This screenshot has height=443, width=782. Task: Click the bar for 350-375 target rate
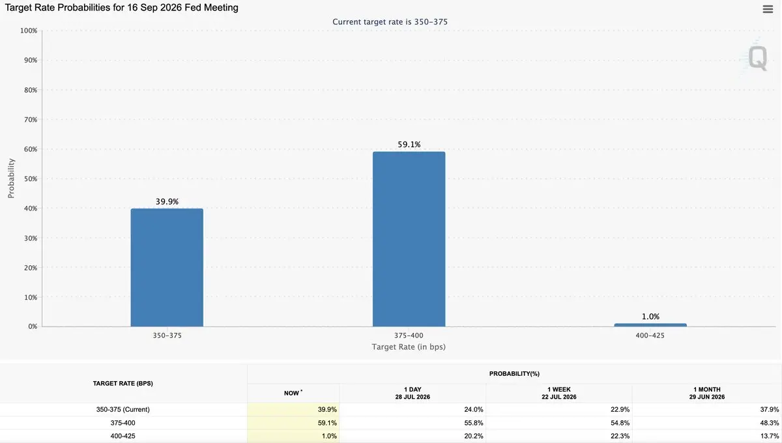click(167, 267)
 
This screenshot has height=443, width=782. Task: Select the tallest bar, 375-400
click(409, 239)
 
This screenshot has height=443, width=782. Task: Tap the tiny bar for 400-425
click(650, 325)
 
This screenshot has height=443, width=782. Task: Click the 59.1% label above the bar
click(409, 145)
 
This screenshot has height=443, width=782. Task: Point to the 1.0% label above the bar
click(650, 317)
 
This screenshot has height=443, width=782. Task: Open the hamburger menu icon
click(768, 9)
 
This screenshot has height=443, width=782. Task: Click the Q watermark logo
click(757, 58)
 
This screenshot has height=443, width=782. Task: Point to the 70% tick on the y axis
click(31, 120)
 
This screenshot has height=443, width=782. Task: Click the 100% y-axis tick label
click(29, 31)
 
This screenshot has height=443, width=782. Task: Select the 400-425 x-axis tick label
click(650, 336)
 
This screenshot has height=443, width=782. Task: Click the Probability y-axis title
click(11, 179)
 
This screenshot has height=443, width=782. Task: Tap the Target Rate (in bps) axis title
click(409, 347)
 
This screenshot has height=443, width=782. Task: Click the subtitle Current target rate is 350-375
click(390, 22)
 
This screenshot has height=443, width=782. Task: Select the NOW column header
click(292, 393)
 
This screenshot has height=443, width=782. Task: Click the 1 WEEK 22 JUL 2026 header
click(559, 393)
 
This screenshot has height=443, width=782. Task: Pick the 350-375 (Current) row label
click(123, 410)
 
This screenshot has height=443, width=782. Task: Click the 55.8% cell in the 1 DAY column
click(473, 423)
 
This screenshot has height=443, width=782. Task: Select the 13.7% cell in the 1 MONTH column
click(770, 436)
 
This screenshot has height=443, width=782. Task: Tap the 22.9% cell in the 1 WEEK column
click(620, 410)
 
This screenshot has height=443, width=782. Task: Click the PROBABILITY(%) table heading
click(514, 374)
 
